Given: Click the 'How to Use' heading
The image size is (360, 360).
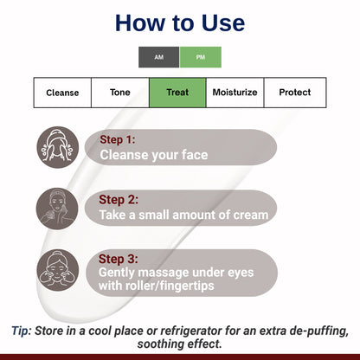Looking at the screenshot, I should tap(180, 23).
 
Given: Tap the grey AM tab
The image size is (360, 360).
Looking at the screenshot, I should tap(159, 57).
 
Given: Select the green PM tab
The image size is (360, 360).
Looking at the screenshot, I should tap(201, 57).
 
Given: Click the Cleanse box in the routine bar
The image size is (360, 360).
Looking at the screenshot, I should tap(62, 93).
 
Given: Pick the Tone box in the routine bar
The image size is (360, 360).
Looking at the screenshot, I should tap(120, 93).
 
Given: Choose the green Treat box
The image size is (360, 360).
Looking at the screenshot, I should tap(177, 93).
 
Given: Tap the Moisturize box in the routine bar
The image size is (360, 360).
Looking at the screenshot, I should tap(235, 93).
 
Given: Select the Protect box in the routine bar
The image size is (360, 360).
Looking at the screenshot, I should tap(293, 93).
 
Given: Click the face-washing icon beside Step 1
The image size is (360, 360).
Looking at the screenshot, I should tap(57, 147).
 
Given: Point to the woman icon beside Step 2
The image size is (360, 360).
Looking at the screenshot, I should tap(57, 208).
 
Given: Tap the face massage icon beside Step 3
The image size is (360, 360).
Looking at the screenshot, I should tap(57, 269).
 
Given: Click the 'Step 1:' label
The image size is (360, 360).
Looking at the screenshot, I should tap(118, 139).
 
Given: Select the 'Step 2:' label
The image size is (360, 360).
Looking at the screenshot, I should tap(118, 198).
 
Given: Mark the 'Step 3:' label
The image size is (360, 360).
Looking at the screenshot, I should tap(118, 258).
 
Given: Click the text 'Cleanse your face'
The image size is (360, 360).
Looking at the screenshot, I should tap(154, 156).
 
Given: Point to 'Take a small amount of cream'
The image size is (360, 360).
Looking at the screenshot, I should tap(183, 215).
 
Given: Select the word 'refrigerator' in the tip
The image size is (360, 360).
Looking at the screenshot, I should tap(191, 330).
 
